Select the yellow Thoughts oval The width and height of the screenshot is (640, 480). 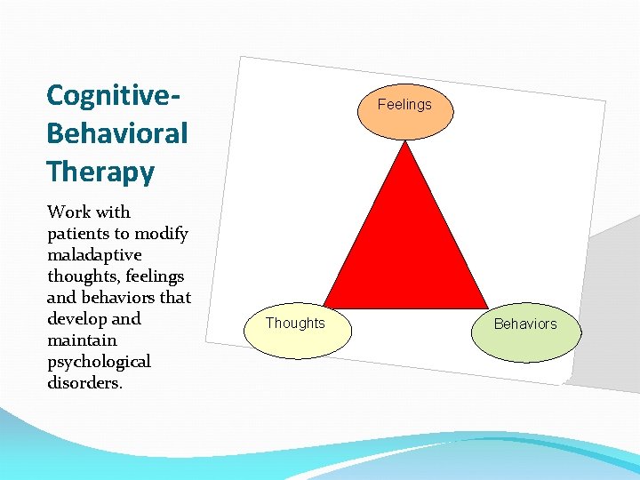point(296,324)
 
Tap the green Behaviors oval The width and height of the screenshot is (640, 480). point(525,324)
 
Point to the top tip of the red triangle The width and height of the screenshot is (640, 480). point(405,142)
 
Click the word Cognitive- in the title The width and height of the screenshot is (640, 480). point(115,94)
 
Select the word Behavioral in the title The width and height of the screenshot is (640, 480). point(117,133)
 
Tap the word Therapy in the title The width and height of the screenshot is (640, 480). point(100,172)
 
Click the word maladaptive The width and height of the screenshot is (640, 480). point(94,255)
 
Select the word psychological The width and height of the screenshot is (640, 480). point(99,362)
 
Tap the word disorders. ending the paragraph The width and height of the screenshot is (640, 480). point(85,383)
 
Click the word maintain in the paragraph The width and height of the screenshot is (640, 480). point(82,340)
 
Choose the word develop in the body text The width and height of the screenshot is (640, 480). point(76,319)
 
